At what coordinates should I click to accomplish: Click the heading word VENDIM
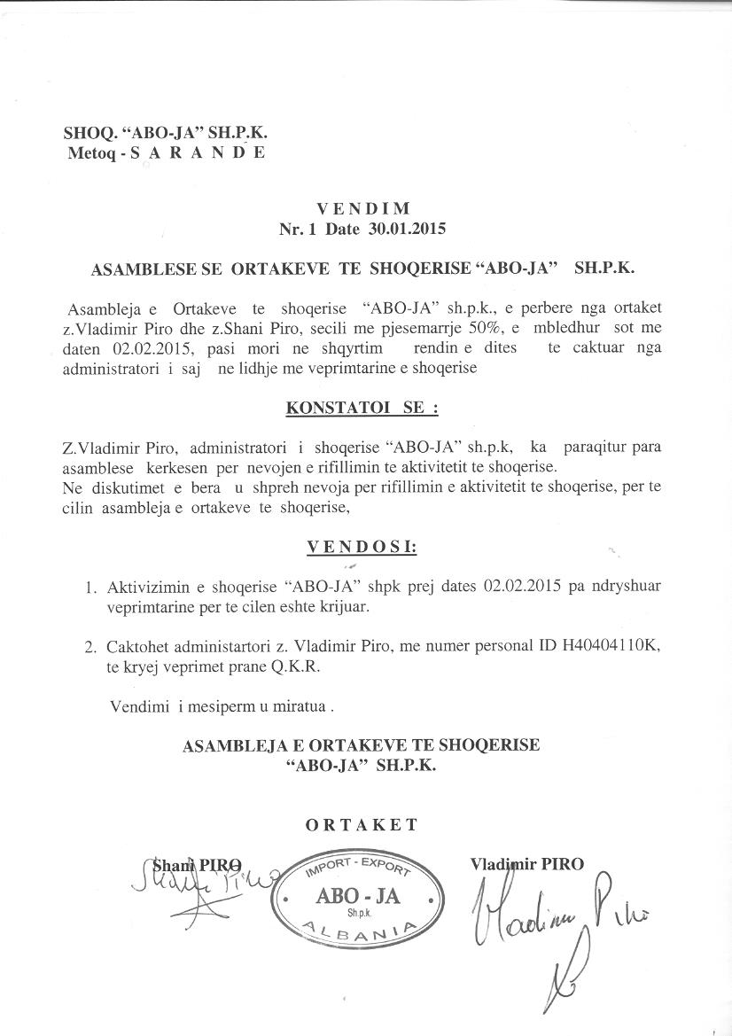[363, 209]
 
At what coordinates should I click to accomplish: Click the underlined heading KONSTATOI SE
[362, 409]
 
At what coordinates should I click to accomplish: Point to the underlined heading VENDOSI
[362, 547]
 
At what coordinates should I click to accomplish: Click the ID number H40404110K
[611, 648]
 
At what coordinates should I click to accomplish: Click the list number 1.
[90, 588]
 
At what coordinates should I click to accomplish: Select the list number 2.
[90, 648]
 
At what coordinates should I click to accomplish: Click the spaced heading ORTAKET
[362, 825]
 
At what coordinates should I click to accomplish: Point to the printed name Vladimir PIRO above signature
[527, 863]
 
